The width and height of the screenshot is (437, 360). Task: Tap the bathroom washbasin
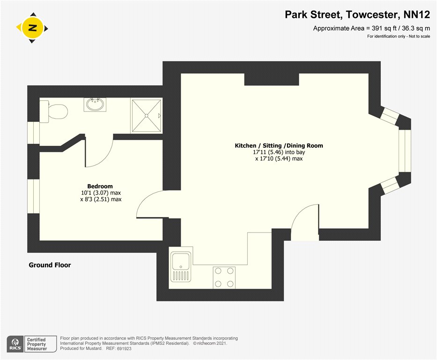tap(95, 104)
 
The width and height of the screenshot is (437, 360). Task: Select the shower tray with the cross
tap(146, 115)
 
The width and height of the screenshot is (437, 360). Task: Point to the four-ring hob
tap(224, 277)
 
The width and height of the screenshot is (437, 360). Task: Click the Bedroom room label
tap(100, 186)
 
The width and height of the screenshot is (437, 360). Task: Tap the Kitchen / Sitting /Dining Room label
tap(279, 146)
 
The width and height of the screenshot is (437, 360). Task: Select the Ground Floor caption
tap(50, 265)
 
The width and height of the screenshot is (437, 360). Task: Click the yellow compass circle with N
tap(33, 28)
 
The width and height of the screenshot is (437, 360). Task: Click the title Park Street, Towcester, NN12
tap(357, 15)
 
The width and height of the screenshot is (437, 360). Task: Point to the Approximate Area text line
tap(371, 28)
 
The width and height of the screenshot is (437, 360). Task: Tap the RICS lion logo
tap(15, 344)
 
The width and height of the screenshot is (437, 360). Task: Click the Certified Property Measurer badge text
tap(37, 344)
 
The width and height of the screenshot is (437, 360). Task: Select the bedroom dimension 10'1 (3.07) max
tap(101, 193)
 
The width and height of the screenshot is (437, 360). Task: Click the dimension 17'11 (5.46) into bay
tap(279, 152)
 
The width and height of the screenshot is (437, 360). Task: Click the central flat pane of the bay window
tap(405, 151)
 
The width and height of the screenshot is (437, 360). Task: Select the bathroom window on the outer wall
tap(33, 133)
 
